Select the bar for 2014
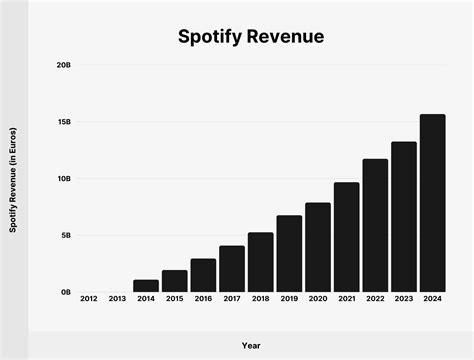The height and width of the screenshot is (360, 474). click(146, 286)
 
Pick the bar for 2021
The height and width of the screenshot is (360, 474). click(347, 237)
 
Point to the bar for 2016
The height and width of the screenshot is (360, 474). click(203, 275)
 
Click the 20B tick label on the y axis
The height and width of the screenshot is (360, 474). click(63, 65)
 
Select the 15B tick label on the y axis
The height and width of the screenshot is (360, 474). click(63, 122)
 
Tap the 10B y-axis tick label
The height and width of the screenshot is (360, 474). click(63, 179)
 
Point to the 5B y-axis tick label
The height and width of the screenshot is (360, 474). click(65, 236)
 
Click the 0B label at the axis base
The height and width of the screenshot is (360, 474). click(65, 293)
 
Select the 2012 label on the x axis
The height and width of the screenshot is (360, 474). click(88, 300)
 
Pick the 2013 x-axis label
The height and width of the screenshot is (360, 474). click(117, 300)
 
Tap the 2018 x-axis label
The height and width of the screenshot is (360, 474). click(260, 300)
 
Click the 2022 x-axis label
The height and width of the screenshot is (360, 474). click(375, 300)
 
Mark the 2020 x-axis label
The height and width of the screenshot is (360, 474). click(318, 300)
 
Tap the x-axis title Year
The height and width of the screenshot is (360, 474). click(250, 345)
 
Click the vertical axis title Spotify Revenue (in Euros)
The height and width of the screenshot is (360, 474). click(13, 179)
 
